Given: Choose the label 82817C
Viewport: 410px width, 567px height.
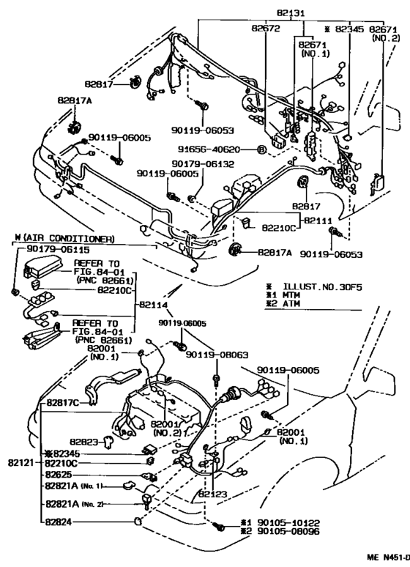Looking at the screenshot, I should coord(63,402).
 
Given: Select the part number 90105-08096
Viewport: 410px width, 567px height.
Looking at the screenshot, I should coord(286,533).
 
